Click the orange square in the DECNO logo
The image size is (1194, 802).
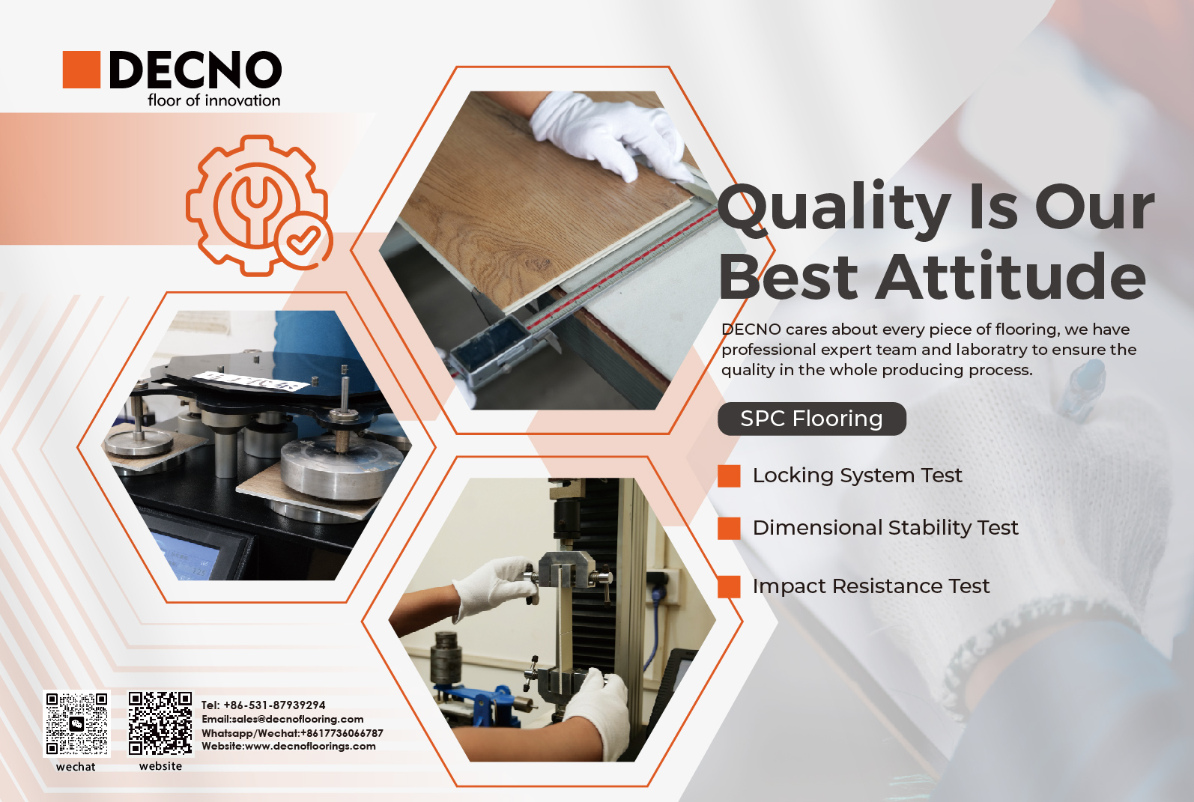pyautogui.click(x=82, y=70)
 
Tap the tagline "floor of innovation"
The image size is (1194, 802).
pyautogui.click(x=213, y=100)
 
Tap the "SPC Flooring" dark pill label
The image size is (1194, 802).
pyautogui.click(x=812, y=419)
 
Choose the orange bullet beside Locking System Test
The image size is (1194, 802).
pyautogui.click(x=729, y=476)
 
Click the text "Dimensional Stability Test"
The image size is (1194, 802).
pyautogui.click(x=885, y=528)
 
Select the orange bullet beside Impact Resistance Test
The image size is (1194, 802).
pyautogui.click(x=729, y=586)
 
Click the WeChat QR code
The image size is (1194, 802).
pyautogui.click(x=76, y=723)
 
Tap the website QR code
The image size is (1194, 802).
pyautogui.click(x=160, y=723)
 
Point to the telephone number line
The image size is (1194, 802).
pyautogui.click(x=264, y=705)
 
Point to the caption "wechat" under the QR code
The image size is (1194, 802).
pyautogui.click(x=76, y=767)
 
